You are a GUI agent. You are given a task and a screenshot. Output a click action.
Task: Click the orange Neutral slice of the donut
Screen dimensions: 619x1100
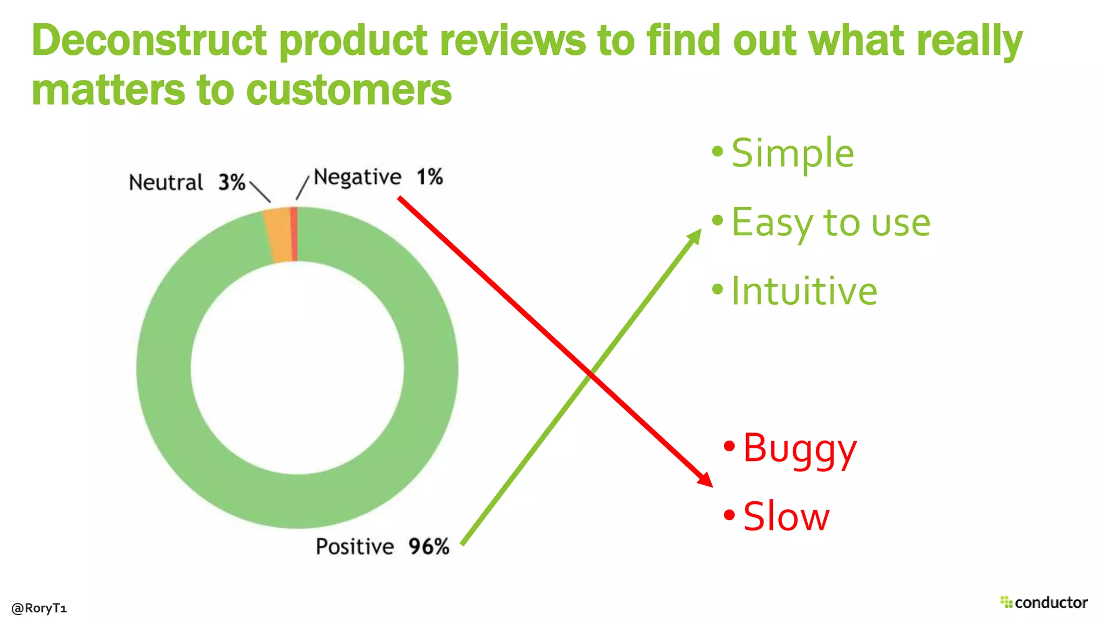point(278,235)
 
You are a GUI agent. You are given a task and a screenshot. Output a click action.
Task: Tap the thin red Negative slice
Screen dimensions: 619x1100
point(294,234)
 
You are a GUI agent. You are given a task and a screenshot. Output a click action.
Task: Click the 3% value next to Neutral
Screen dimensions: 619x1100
point(231,183)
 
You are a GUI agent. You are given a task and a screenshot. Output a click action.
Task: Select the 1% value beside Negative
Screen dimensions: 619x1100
point(430,177)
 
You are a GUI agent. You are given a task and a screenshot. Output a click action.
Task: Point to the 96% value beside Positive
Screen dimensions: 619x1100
point(429,546)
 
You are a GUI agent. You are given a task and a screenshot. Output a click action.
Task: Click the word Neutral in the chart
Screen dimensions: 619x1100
point(165,183)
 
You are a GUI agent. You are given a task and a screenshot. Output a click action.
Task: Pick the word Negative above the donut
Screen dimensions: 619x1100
point(357,177)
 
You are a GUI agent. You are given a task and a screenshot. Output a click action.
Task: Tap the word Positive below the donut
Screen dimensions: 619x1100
point(354,546)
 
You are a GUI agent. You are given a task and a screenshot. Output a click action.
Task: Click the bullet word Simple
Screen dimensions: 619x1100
point(792,153)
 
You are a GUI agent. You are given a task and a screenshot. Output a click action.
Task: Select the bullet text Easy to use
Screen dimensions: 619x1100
point(830,222)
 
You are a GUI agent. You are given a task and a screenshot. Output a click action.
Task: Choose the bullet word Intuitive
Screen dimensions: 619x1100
point(804,291)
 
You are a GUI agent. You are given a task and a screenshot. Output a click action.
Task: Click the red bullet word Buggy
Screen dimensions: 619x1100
point(800,449)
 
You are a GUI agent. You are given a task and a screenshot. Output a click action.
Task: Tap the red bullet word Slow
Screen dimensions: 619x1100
point(786,517)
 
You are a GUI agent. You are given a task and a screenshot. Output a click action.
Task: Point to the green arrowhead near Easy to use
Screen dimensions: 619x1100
point(696,235)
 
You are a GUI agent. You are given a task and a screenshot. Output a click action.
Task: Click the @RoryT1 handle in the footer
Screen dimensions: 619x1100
point(39,608)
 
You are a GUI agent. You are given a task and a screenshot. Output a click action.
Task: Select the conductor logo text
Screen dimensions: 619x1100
point(1051,602)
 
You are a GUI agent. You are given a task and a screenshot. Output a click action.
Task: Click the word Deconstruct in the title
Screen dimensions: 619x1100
point(149,41)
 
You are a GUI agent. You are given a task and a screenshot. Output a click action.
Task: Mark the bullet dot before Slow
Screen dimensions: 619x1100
point(729,515)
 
